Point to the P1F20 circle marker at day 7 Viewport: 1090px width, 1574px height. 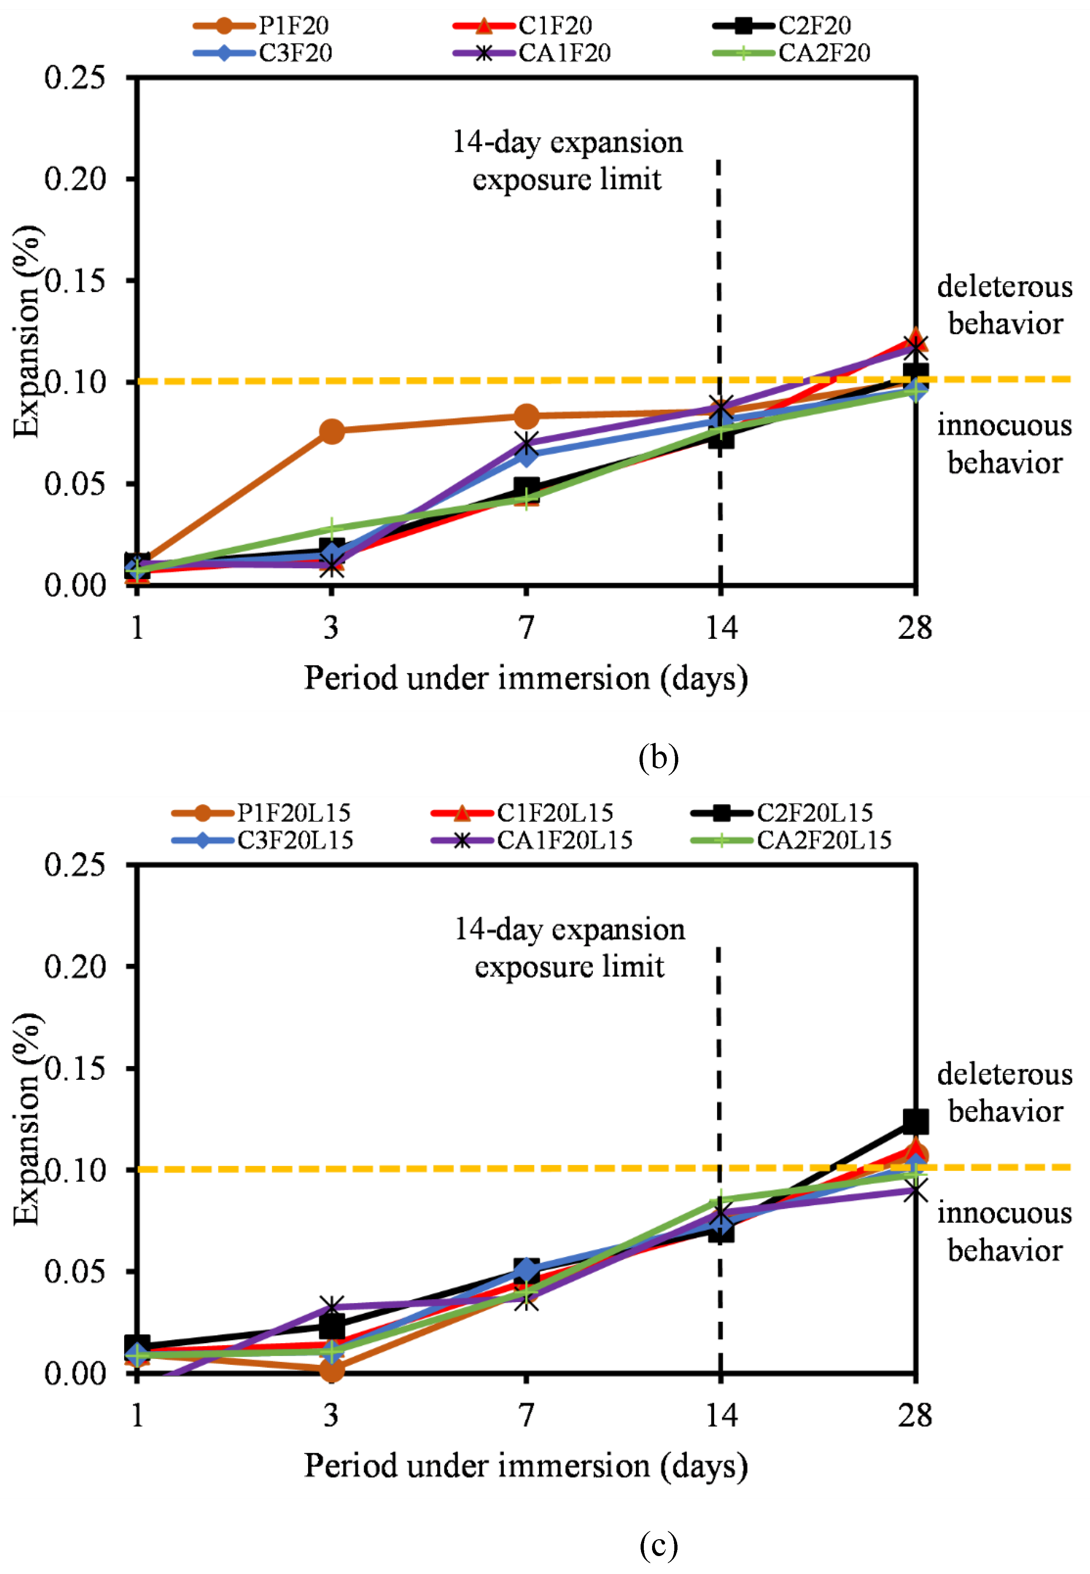tap(526, 415)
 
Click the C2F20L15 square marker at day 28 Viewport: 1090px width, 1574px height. tap(915, 1121)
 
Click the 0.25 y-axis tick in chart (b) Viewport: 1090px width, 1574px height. tap(75, 78)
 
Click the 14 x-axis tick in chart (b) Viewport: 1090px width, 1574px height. tap(721, 627)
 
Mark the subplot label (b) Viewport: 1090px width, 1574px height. tap(659, 758)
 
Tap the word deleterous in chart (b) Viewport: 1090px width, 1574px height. tap(1004, 287)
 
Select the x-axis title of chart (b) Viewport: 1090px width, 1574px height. tap(526, 678)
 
